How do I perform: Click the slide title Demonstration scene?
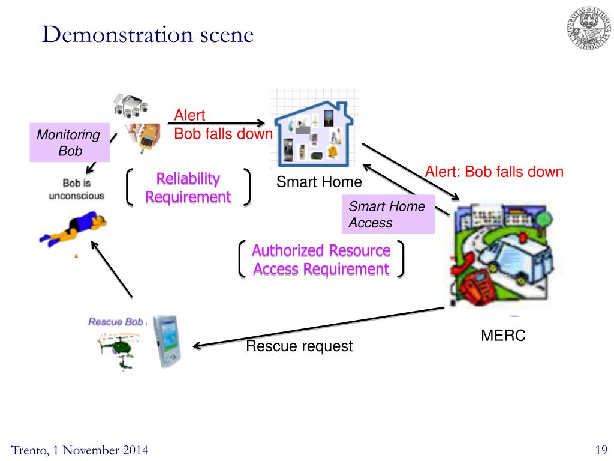pyautogui.click(x=148, y=34)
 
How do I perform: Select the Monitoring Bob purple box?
pyautogui.click(x=70, y=143)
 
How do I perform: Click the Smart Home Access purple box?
pyautogui.click(x=388, y=214)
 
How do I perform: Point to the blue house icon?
pyautogui.click(x=314, y=134)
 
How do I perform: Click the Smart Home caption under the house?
pyautogui.click(x=319, y=182)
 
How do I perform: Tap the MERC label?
pyautogui.click(x=503, y=336)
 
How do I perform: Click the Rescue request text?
pyautogui.click(x=300, y=346)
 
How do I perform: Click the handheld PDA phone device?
pyautogui.click(x=167, y=341)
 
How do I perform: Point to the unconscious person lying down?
pyautogui.click(x=73, y=229)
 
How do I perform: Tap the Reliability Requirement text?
pyautogui.click(x=188, y=188)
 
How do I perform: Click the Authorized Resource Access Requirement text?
pyautogui.click(x=321, y=259)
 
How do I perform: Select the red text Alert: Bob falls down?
pyautogui.click(x=494, y=172)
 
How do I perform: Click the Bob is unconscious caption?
pyautogui.click(x=77, y=189)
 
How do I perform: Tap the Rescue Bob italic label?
pyautogui.click(x=116, y=322)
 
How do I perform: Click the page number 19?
pyautogui.click(x=601, y=450)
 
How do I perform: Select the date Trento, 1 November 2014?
pyautogui.click(x=80, y=450)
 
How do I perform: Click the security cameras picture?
pyautogui.click(x=131, y=106)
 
